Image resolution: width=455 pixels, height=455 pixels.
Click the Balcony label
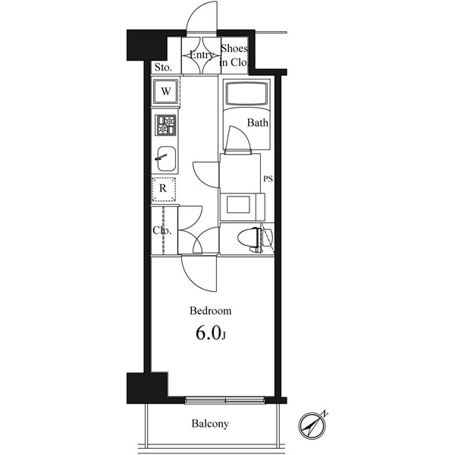coord(210,424)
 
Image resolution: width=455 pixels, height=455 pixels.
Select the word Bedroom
coord(211,311)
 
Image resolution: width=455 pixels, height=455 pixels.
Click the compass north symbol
coord(312,425)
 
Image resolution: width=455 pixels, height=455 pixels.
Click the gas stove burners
coord(165,125)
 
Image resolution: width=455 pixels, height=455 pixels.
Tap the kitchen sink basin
coord(166,158)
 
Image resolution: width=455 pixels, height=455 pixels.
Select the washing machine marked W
coord(165,92)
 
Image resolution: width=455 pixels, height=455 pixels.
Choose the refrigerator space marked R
coord(164,189)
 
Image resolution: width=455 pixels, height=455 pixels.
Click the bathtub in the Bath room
coord(246,93)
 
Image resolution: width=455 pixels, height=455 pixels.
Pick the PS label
coord(268,179)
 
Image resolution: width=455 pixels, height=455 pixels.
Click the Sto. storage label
coord(163,67)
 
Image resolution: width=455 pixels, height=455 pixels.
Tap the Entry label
coord(201,55)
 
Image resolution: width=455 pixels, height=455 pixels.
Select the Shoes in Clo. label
coord(234,55)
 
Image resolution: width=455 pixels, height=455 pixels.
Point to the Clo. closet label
coord(162,231)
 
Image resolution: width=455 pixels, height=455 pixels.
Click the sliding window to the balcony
coord(225,400)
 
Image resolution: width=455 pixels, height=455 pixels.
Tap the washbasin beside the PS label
coord(238,204)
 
